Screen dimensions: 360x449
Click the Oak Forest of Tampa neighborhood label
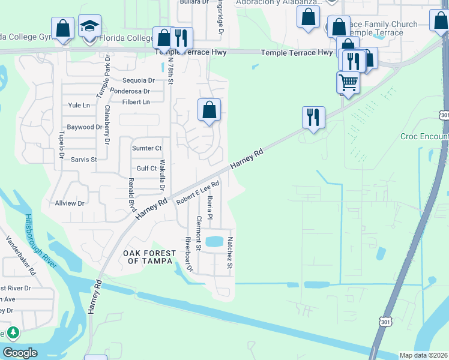point(148,257)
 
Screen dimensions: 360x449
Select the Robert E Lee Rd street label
point(197,194)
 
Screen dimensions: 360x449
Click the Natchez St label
point(229,253)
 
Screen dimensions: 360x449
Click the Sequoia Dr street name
point(138,80)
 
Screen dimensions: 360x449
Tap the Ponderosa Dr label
point(129,91)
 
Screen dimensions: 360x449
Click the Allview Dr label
point(70,203)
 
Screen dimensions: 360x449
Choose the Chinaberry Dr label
point(107,125)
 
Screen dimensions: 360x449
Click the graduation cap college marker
point(89,26)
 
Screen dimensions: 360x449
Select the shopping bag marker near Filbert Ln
point(209,110)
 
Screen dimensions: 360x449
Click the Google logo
point(19,353)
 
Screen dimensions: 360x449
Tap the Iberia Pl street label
point(210,211)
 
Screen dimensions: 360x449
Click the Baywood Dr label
point(84,127)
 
